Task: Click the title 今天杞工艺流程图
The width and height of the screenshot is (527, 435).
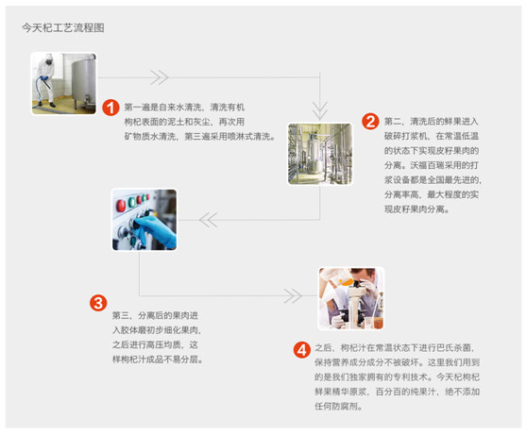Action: point(63,27)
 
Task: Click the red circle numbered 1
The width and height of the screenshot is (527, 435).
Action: point(110,108)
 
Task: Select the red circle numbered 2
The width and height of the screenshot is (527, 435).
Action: point(370,122)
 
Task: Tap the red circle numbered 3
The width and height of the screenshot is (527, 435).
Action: point(98,303)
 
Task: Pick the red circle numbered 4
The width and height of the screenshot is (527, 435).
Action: point(302,350)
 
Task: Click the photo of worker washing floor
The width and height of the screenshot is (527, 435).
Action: point(64,83)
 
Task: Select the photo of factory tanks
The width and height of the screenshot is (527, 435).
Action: point(320,154)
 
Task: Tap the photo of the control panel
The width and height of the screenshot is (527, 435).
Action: point(144,220)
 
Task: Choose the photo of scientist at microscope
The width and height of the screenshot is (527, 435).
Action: point(351,298)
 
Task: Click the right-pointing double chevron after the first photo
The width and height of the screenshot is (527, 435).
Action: point(160,77)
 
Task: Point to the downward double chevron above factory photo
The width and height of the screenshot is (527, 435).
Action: point(319,110)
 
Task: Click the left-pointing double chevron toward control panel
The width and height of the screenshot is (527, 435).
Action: point(209,220)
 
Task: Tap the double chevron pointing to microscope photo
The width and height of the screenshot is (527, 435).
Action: point(293,296)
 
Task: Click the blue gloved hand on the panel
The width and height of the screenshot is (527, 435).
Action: point(155,229)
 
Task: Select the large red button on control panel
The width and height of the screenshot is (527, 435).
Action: point(121,206)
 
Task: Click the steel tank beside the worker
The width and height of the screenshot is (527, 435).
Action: point(83,80)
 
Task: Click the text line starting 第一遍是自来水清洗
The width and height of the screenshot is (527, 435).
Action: point(184,108)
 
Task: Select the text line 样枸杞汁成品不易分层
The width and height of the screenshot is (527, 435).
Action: point(158,360)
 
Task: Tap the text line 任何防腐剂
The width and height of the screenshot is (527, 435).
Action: point(338,406)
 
